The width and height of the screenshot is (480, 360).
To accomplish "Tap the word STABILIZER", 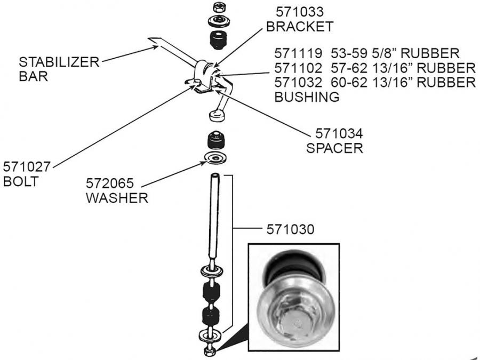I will [59, 62].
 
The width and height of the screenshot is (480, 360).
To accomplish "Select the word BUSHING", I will [307, 97].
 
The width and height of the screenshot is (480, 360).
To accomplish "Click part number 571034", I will [334, 133].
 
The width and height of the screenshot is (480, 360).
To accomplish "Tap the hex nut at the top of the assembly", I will [217, 7].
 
